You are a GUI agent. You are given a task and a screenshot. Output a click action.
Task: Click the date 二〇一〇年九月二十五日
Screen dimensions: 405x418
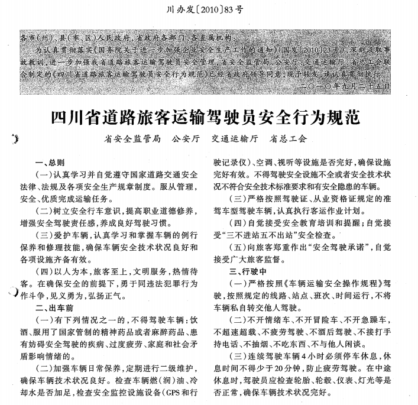[350, 86]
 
